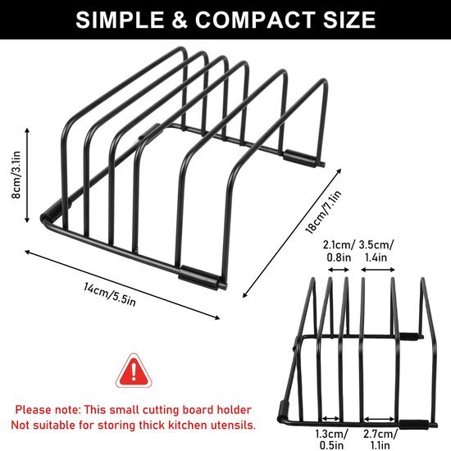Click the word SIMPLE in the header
point(120,20)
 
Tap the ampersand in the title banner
point(180,20)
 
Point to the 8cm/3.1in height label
point(16,175)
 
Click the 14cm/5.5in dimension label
point(110,294)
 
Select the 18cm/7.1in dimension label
point(324,212)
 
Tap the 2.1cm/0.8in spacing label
point(339,251)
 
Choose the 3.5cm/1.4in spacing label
point(376,251)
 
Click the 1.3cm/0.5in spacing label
point(331,439)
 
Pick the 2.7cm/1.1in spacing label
point(380,439)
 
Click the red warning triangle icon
point(134,371)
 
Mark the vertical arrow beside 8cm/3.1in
point(27,175)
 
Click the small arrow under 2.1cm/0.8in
point(339,270)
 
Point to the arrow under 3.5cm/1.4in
point(378,270)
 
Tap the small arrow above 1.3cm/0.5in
point(331,419)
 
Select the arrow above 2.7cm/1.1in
point(379,419)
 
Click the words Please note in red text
point(48,410)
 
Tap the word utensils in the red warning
point(233,425)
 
